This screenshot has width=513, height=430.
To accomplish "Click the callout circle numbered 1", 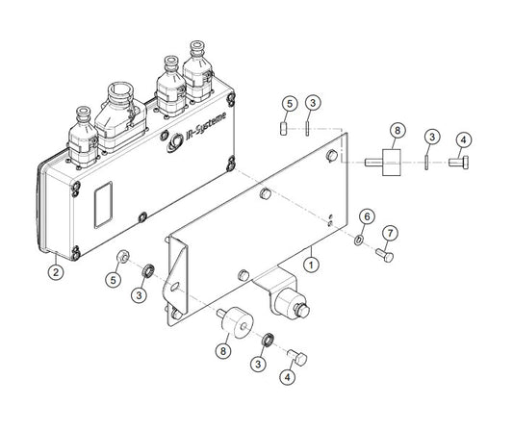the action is click(311, 265).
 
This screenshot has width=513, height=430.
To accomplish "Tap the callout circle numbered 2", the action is click(55, 271).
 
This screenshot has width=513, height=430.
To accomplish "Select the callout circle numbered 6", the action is click(367, 216).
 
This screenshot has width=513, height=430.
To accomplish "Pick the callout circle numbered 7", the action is click(390, 233).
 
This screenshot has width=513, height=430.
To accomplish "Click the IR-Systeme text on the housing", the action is click(206, 126).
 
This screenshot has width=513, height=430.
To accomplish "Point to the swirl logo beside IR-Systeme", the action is click(175, 143).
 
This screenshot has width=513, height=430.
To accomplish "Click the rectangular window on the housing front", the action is click(103, 205).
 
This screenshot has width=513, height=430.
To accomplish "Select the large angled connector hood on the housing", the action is click(121, 117).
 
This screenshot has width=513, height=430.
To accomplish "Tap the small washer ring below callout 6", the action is click(358, 240).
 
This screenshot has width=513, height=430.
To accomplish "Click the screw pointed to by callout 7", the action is click(384, 255).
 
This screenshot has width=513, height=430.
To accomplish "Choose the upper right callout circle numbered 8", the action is click(398, 131).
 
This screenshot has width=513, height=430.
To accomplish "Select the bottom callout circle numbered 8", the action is click(223, 351).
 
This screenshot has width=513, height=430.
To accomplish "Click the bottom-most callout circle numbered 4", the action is click(287, 377).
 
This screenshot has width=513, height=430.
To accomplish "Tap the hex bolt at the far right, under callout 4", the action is click(458, 163).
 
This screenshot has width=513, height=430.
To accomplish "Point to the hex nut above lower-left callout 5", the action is click(123, 257).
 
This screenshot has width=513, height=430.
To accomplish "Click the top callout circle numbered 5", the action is click(290, 103).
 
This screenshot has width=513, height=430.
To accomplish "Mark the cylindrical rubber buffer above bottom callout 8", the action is click(236, 321).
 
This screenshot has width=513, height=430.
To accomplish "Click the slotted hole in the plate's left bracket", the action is click(175, 287).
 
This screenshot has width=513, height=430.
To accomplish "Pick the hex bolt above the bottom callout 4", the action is click(297, 357).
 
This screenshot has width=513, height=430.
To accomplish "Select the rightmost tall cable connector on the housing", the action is click(198, 72).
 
